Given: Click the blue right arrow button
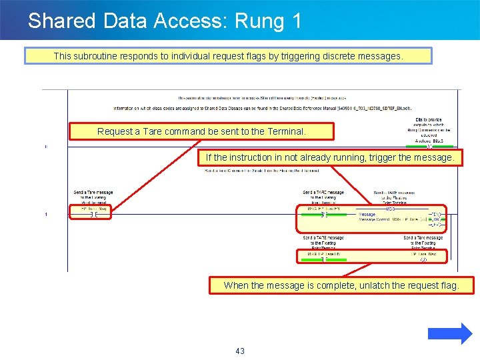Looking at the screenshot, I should pos(449,333).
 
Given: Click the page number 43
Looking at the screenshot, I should pos(240,351).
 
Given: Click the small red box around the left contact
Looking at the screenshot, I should pos(91,211).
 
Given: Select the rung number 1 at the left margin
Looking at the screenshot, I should pos(46,215).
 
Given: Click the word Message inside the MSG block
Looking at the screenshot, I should pos(367,215).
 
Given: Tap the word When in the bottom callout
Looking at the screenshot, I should pos(236,285).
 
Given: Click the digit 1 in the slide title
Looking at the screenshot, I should pos(297,21).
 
